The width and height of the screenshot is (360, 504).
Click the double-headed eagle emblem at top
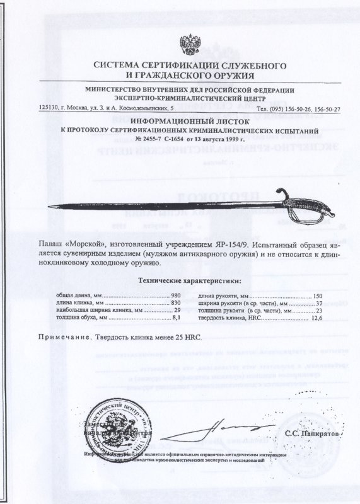189,44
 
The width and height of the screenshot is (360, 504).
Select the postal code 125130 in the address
50,108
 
